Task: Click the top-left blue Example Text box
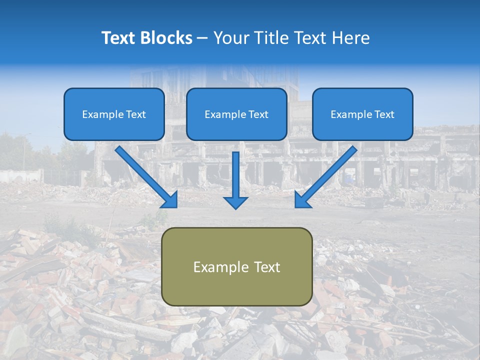[x=114, y=114]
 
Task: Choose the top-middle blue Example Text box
[x=236, y=114]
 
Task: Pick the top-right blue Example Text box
[x=362, y=114]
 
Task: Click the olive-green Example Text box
[x=237, y=266]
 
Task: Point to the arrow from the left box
[x=145, y=175]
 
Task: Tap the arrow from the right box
[x=327, y=175]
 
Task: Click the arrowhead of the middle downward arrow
[x=235, y=202]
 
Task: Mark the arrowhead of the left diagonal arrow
[x=170, y=200]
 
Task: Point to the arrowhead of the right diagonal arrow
[x=302, y=200]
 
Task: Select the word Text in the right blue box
[x=383, y=114]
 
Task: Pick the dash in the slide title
[x=202, y=38]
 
